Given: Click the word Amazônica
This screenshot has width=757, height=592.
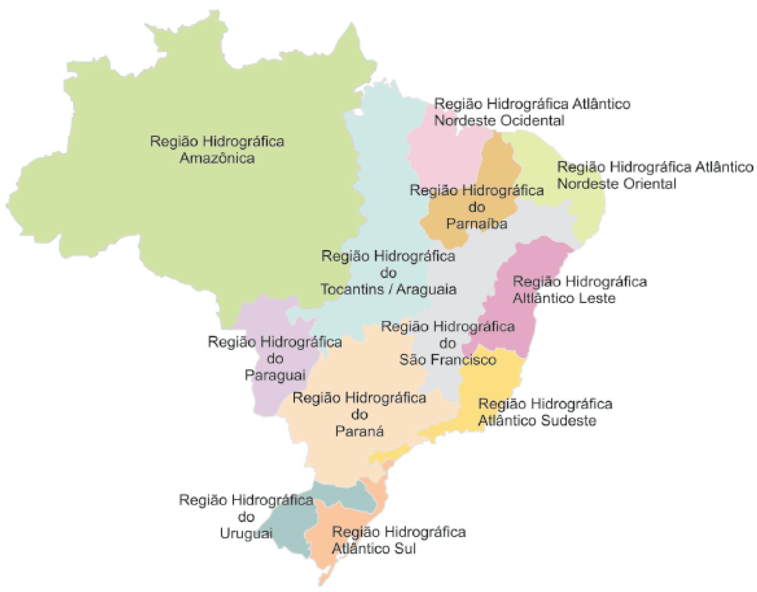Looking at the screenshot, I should tap(217, 158).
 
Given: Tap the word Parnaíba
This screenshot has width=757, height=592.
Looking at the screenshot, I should tap(477, 223).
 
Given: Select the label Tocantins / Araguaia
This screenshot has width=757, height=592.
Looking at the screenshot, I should tap(388, 289).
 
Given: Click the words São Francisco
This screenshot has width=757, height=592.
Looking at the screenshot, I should tap(447, 360).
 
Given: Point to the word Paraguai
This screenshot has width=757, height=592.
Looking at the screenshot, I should tap(275, 375).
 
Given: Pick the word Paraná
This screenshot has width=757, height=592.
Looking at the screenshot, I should tap(359, 431).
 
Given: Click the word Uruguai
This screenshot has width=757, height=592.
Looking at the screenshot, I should tap(246, 533).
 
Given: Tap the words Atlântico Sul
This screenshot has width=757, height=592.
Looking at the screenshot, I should tap(374, 549).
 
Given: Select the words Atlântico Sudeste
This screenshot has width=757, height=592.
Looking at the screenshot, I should tap(537, 421).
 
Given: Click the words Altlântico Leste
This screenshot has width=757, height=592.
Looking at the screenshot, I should tap(564, 298).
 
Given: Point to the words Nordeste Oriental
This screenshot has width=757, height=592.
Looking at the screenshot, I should tap(616, 184).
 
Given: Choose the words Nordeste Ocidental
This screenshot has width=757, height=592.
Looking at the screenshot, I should tap(499, 120).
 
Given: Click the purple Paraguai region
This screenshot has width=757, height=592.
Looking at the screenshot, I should tap(270, 399).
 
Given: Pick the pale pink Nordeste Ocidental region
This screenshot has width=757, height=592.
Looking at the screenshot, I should tap(443, 155).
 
